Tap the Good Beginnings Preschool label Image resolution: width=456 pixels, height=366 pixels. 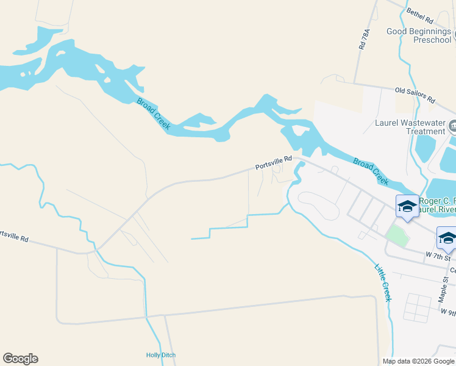coord(418,35)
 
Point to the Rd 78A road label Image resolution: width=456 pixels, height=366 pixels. coord(365,38)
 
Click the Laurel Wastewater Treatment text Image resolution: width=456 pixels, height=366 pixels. coord(410,127)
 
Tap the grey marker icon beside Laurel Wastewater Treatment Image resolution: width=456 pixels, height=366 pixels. coord(452,127)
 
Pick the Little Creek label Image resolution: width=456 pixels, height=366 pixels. coord(382,282)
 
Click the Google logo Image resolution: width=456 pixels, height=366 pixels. coord(20,359)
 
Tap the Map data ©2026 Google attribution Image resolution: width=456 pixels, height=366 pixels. coord(419,361)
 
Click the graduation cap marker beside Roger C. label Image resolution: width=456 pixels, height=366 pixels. coord(407,206)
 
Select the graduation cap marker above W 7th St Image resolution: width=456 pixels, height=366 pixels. coord(447,239)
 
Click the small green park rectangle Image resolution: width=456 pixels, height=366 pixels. coord(397,235)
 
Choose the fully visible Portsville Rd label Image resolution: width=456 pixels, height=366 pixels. coord(274,163)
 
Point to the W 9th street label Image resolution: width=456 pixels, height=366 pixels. coord(448,312)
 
